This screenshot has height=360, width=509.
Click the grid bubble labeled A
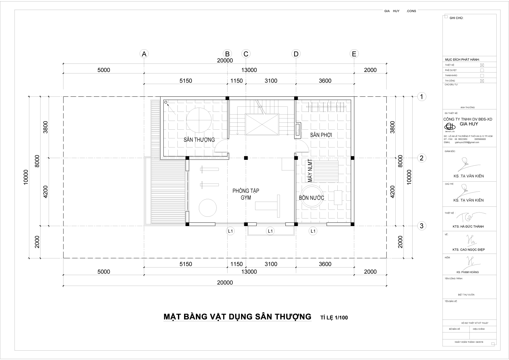[144, 54]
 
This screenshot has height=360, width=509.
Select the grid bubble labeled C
[246, 54]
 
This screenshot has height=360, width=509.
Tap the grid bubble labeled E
[354, 54]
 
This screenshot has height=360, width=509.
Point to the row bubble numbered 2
[422, 158]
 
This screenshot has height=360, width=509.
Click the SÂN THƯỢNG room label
[199, 140]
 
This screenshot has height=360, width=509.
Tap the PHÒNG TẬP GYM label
[246, 194]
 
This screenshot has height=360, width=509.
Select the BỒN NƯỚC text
[311, 198]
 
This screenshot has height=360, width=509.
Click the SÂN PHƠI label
[321, 135]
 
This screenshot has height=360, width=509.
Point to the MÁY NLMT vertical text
[310, 170]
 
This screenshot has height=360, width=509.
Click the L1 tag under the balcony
[270, 231]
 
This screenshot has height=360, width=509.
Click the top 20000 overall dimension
[225, 60]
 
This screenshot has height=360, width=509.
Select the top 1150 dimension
[236, 81]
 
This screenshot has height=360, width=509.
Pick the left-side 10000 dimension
[25, 177]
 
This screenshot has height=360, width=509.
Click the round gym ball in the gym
[208, 208]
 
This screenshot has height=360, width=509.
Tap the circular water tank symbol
[313, 196]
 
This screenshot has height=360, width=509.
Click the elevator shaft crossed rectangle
[261, 124]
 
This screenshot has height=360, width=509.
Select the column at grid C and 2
[246, 158]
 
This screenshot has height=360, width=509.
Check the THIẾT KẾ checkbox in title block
[482, 65]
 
